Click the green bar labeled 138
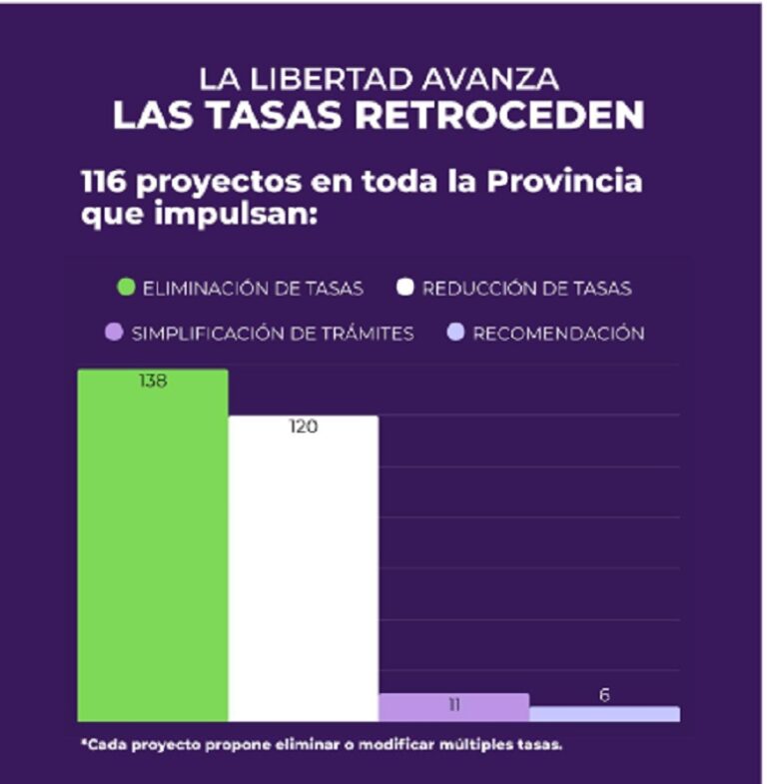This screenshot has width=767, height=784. pos(153,544)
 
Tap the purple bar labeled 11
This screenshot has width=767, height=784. pos(453,707)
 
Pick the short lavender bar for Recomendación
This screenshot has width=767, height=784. pos(604,714)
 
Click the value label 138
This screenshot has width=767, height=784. pos(153,381)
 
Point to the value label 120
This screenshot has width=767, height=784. pos(303,427)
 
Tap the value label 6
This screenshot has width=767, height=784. pos(604,695)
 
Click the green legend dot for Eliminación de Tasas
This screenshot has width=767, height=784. pos(126,289)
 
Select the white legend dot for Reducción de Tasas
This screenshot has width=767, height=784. pos(405,289)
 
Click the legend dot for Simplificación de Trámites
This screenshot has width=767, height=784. pos(115,334)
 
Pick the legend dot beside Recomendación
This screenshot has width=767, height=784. pos(456,334)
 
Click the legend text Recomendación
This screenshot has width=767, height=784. pos(558,334)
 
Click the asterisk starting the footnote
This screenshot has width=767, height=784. pos(85,744)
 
